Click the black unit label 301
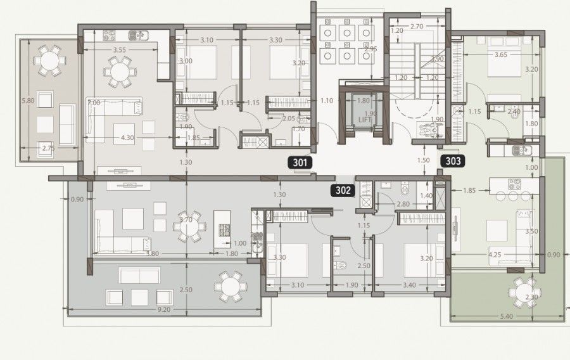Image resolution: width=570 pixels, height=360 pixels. point(300,162)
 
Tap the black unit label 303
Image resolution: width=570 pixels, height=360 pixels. point(453,161)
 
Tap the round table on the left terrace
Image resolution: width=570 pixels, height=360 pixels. point(49,61)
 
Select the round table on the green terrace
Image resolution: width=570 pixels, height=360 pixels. point(524,290)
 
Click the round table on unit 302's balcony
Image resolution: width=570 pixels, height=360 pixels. point(229,286)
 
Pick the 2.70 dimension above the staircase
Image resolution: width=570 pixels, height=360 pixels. point(416,27)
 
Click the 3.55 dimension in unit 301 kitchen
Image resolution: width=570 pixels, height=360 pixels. point(115,49)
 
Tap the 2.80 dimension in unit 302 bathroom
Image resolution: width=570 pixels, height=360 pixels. point(402,204)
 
